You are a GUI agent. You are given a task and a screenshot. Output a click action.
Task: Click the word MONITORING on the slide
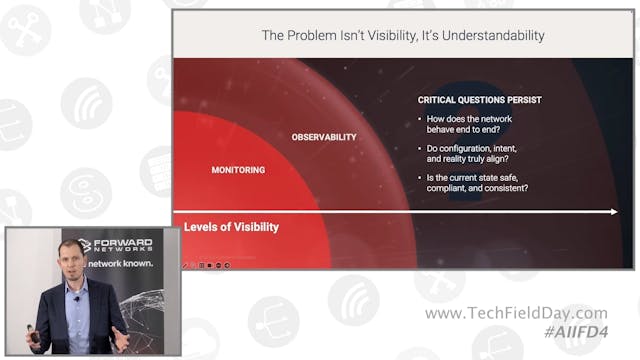[x=238, y=170]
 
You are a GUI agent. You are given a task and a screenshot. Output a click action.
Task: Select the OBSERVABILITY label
[x=324, y=137]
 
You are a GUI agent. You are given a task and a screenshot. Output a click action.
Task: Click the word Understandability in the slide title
[x=492, y=35]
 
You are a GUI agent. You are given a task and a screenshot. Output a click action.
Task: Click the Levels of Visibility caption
[x=231, y=227]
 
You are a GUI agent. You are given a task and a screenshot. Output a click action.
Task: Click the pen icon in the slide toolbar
[x=185, y=265]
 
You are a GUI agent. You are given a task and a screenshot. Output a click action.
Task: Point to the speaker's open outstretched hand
[x=121, y=336]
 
